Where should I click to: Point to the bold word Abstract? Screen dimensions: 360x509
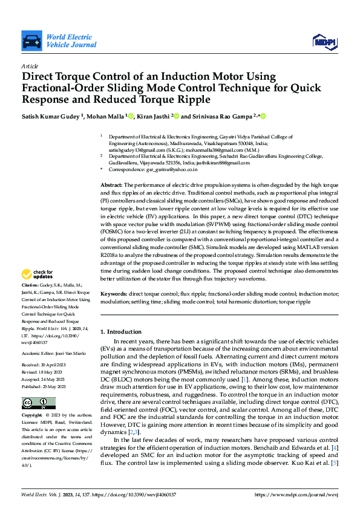(x=111, y=184)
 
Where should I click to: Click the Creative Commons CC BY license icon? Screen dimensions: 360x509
(x=39, y=403)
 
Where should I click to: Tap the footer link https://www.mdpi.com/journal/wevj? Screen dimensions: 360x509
(x=297, y=494)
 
